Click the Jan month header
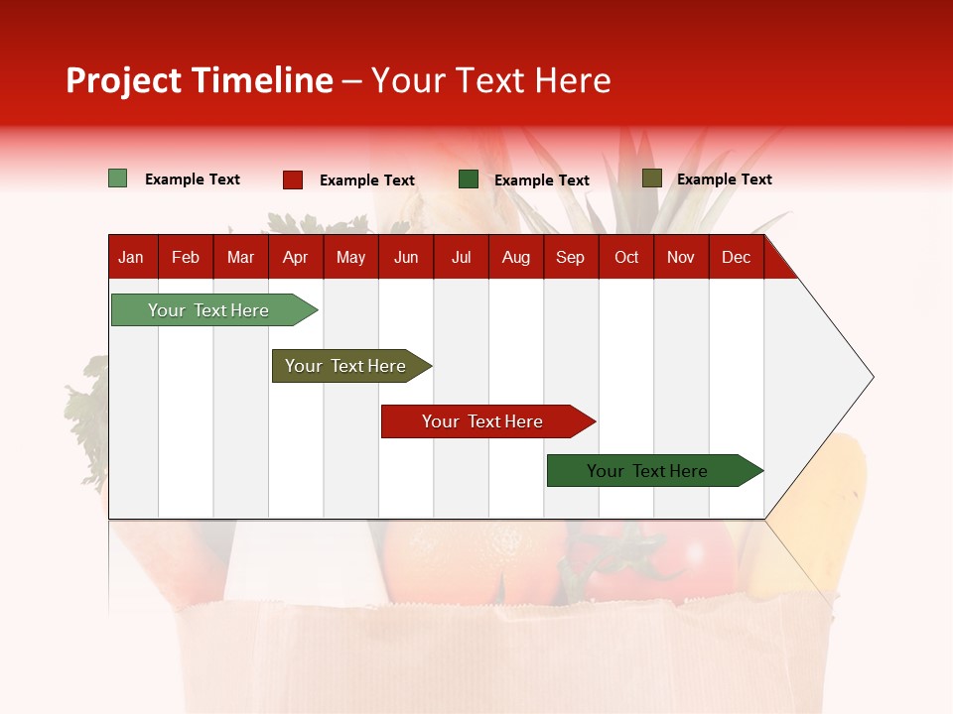[x=131, y=257]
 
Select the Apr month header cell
[x=296, y=257]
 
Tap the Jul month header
[x=461, y=257]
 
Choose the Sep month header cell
[x=571, y=257]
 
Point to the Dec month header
[x=736, y=257]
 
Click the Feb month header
[x=186, y=257]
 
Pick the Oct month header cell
[x=626, y=257]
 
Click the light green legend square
[x=118, y=178]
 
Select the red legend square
[x=293, y=179]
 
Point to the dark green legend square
[x=469, y=179]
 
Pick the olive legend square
[x=652, y=178]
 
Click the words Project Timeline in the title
[x=200, y=80]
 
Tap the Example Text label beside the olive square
[x=724, y=179]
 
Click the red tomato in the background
[x=685, y=565]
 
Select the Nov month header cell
[x=681, y=257]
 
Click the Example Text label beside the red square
[x=366, y=180]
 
